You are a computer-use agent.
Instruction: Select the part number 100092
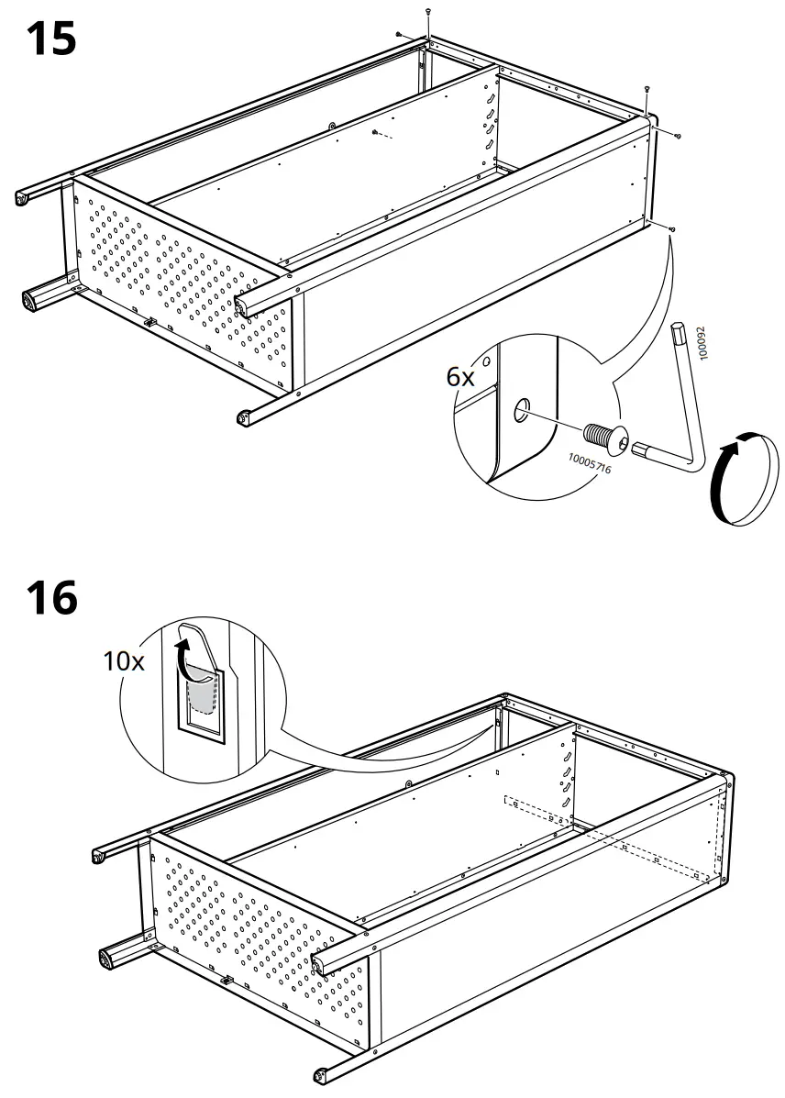(703, 341)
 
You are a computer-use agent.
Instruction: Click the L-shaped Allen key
(678, 404)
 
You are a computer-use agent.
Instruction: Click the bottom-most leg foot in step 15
(243, 419)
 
